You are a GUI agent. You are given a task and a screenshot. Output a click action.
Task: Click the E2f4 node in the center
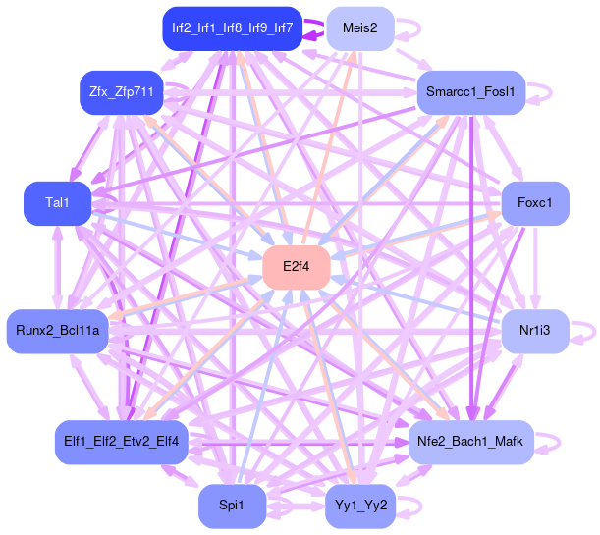[x=296, y=267]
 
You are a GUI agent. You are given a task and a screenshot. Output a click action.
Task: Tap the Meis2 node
[x=360, y=27]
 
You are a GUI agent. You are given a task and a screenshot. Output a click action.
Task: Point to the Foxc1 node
[x=535, y=203]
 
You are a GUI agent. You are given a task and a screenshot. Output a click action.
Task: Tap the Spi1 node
[x=232, y=507]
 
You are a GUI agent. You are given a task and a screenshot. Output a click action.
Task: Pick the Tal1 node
[x=58, y=203]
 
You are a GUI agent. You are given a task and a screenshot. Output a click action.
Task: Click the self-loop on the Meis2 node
[x=410, y=27]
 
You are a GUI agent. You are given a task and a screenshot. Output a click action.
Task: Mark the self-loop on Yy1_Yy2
[x=411, y=507]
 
